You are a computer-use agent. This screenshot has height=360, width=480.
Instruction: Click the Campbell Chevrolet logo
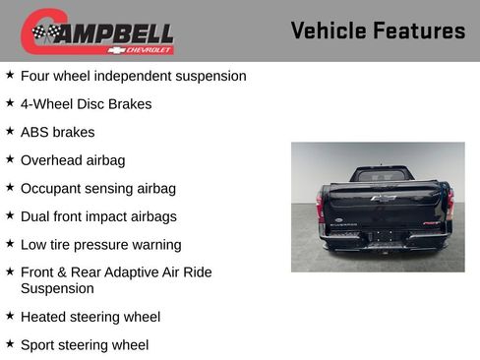coord(97,31)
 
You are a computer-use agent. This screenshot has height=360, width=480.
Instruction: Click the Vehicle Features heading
coord(378,31)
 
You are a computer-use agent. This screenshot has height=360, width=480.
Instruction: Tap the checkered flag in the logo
coord(44,32)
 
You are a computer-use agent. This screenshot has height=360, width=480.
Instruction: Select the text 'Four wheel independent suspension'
coord(133,76)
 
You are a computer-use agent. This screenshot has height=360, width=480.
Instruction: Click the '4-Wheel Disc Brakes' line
coord(86,103)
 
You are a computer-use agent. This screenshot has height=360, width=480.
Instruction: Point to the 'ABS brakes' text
coord(57,132)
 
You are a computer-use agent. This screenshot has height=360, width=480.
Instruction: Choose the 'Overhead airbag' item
coord(73,160)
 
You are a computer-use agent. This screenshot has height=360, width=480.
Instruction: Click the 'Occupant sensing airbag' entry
coord(97,188)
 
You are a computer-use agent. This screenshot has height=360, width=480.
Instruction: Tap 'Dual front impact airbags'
coord(97,216)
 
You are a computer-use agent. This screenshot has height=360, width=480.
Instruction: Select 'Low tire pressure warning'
coord(100,245)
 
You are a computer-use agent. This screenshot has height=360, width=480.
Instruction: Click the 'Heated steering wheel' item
coord(90,317)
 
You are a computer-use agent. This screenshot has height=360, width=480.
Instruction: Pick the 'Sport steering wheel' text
coord(85,345)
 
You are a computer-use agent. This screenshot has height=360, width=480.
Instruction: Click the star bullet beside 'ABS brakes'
coord(10,131)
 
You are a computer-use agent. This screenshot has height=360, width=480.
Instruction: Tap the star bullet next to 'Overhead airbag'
coord(10,159)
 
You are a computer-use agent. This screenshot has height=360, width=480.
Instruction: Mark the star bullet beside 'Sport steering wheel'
coord(10,344)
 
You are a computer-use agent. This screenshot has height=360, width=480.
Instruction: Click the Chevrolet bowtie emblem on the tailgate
coord(383,198)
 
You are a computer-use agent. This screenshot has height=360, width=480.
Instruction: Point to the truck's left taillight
coord(320,206)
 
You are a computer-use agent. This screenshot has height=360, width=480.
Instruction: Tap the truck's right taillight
coord(450,204)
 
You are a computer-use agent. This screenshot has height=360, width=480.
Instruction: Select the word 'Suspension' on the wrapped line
coord(57,289)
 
